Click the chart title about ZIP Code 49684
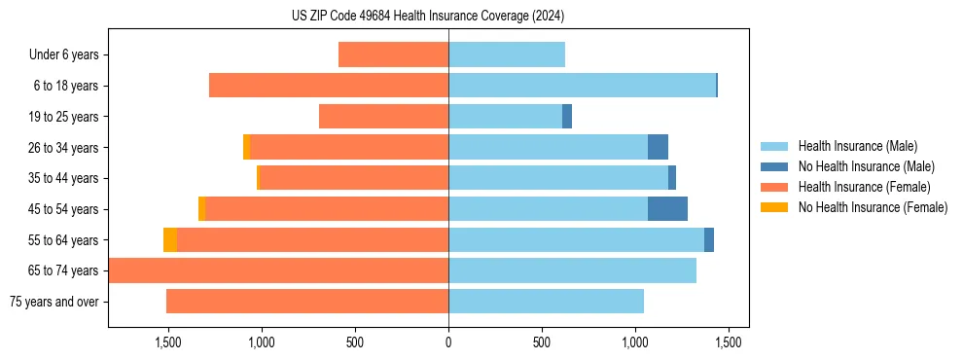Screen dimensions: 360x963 coord(428,16)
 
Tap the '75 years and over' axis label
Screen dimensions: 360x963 coord(54,302)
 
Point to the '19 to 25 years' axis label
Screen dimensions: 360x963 coord(63,117)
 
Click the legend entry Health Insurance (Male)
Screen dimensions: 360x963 coord(857,146)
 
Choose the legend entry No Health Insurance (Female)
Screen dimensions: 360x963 coord(873,207)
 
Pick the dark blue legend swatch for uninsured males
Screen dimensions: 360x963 coord(775,166)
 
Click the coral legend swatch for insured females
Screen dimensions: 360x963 coord(775,187)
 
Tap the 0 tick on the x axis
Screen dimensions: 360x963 coord(448,342)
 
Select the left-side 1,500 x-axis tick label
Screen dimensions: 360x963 coord(168,342)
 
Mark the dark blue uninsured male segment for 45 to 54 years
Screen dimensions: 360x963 coord(667,209)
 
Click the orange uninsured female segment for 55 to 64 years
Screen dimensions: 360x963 coord(170,240)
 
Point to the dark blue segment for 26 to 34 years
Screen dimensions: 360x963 coord(658,147)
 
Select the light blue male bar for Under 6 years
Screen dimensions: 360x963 coord(507,54)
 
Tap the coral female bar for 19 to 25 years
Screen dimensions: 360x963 coord(383,117)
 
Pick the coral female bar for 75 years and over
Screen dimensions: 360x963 coord(307,302)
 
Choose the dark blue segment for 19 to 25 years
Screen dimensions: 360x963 coord(567,117)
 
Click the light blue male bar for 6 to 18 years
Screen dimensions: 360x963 coord(582,86)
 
